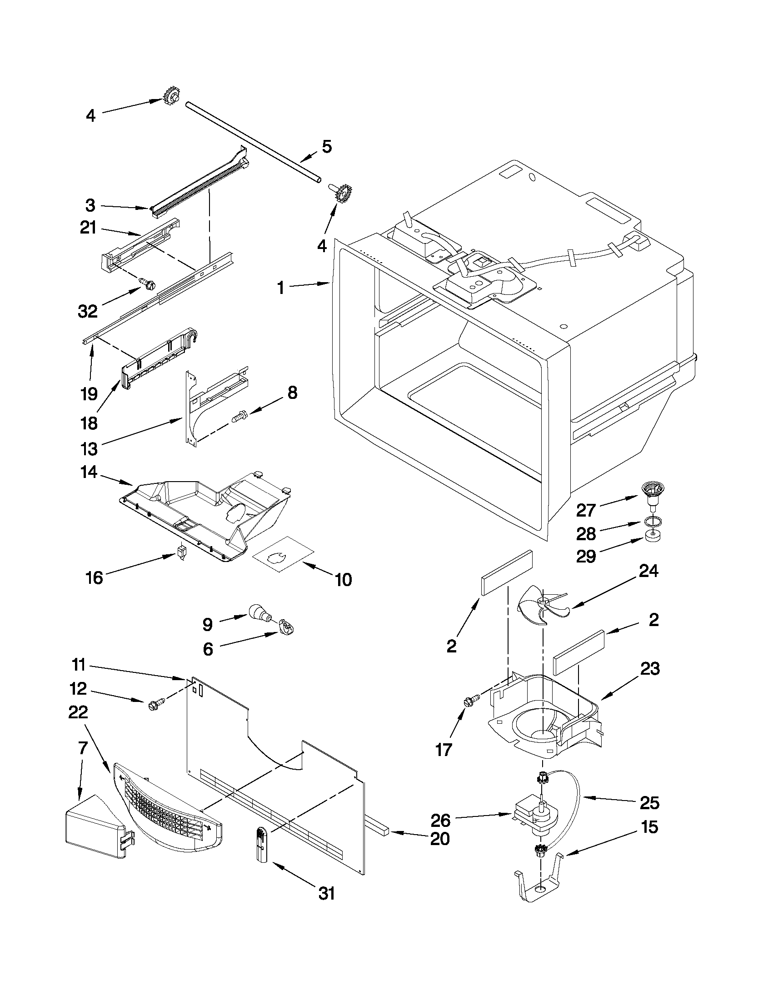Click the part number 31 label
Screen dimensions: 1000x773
[326, 893]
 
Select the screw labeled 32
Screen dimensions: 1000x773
[148, 284]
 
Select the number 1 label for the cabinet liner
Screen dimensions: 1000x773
[280, 288]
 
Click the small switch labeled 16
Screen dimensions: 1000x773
[182, 552]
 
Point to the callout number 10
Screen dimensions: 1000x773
[343, 579]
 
